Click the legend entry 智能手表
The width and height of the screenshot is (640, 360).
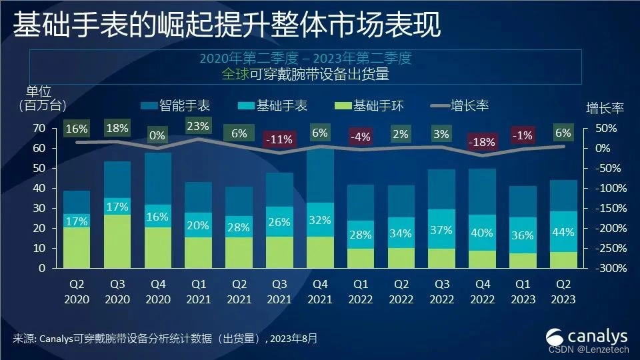175,105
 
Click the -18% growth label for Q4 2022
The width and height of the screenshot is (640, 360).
482,141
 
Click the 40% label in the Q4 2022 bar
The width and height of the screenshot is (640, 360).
482,233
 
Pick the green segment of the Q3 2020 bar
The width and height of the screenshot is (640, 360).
117,241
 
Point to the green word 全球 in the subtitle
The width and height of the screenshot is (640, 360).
235,75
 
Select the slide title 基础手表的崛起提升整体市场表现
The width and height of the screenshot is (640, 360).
227,25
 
